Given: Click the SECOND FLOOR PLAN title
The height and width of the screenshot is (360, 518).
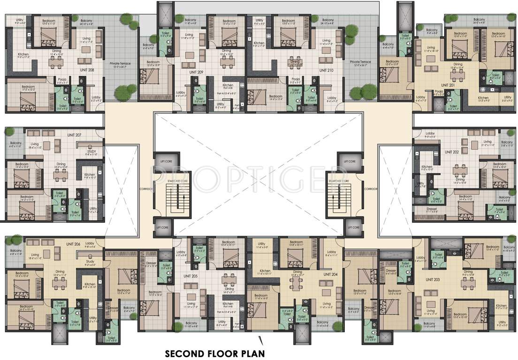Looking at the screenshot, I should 214,353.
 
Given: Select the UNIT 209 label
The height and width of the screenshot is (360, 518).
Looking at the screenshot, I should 196,72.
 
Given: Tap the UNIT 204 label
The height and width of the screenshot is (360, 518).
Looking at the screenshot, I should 331,274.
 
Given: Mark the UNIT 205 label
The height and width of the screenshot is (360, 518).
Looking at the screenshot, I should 190,276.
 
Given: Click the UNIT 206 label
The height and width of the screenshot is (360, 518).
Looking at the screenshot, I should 74,244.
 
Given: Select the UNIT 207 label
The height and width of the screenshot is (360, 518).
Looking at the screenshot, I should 74,135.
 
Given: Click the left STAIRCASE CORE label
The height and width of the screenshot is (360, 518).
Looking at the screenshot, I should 177,180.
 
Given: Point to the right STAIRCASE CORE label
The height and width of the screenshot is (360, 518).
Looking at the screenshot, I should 338,180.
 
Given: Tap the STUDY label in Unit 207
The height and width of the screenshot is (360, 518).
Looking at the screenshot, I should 91,151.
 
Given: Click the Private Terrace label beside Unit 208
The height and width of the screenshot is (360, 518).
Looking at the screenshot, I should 120,62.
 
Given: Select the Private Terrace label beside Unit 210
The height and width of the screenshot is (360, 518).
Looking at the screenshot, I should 360,61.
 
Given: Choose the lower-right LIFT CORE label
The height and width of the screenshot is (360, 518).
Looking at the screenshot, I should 353,227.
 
